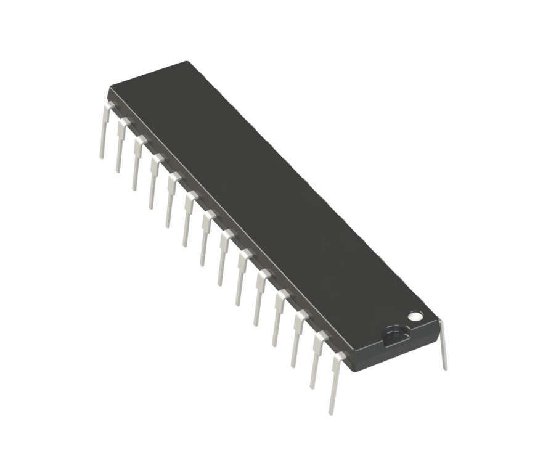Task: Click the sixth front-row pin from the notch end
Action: point(241,277)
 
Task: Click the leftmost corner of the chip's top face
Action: point(110,87)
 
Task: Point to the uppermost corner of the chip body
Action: point(186,62)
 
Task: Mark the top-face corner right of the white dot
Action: point(438,319)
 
